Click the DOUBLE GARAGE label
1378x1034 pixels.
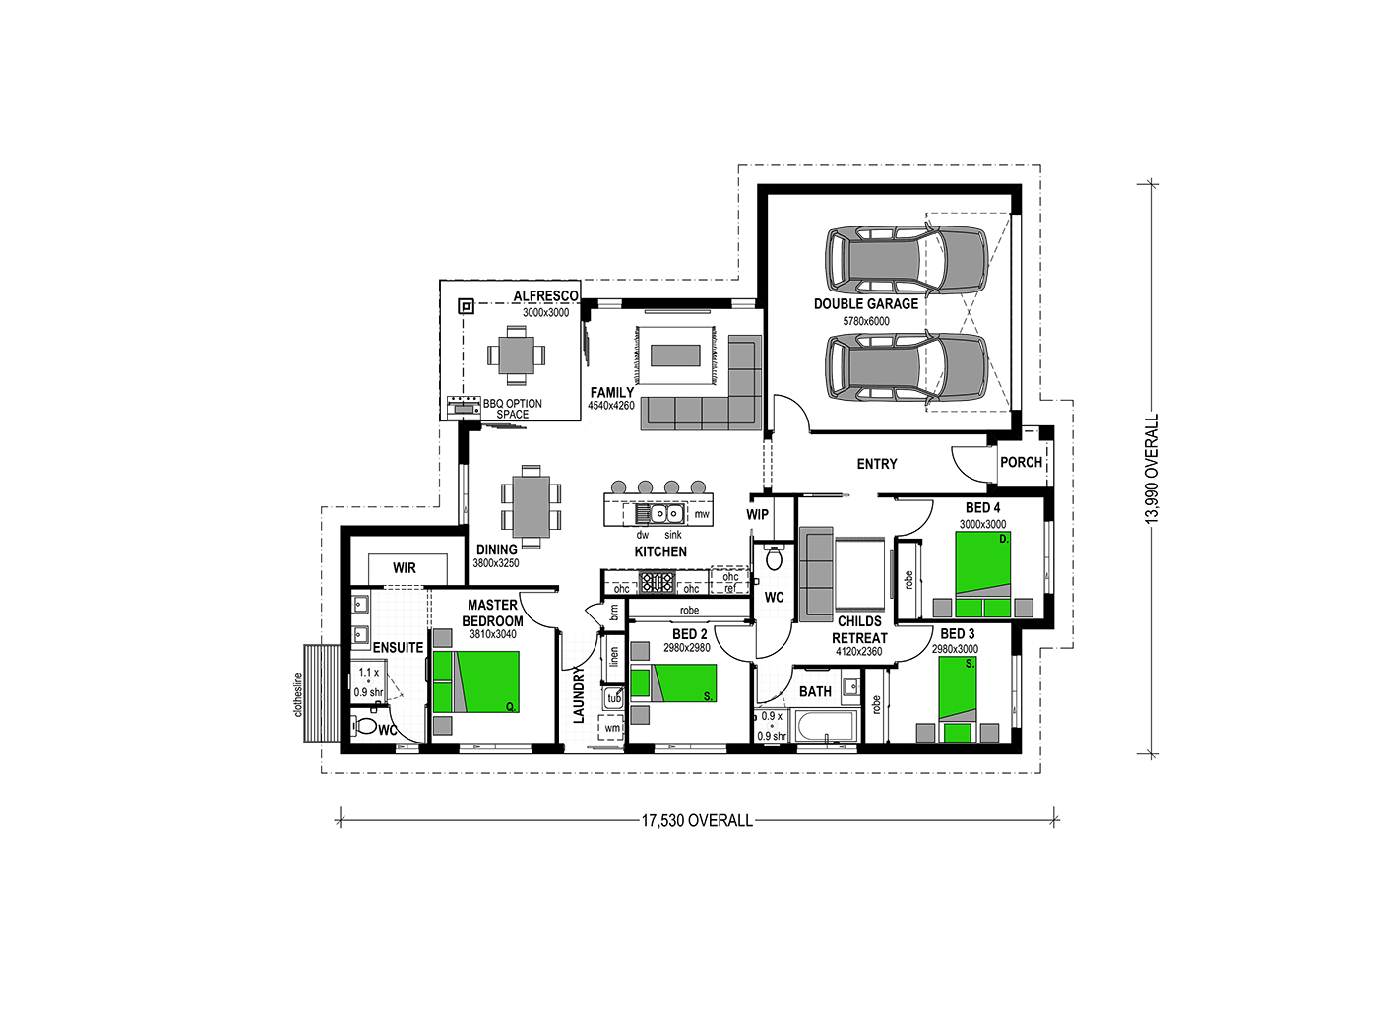pos(866,304)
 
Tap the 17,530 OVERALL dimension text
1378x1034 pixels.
pos(697,820)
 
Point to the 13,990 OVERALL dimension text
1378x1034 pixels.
pos(1151,469)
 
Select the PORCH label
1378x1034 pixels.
pos(1021,462)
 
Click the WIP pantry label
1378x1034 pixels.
pos(757,514)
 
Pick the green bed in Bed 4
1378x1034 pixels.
pos(982,573)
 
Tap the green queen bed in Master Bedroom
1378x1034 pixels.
pos(475,681)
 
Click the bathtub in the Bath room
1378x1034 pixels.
pos(826,726)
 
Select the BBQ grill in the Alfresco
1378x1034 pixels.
pos(464,408)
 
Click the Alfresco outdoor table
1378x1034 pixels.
pos(516,355)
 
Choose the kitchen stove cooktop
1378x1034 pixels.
pos(657,582)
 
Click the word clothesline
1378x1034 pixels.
pos(297,694)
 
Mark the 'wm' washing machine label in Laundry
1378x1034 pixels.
pos(612,728)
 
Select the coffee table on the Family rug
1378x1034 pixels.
pos(675,355)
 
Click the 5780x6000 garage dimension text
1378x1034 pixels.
pos(866,321)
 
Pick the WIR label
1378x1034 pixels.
pos(404,567)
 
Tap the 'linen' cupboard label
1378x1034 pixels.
pos(614,657)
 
